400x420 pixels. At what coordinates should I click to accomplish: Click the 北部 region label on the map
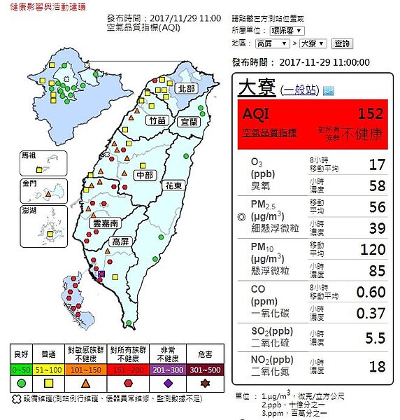point(187,89)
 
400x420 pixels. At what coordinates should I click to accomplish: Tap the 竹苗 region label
point(157,121)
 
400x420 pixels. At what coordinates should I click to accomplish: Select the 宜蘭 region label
point(190,121)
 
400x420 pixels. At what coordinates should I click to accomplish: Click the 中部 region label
point(148,174)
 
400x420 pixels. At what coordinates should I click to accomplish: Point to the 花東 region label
point(173,185)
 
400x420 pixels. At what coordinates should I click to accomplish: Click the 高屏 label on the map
point(120,241)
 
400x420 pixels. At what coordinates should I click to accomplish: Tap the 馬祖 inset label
point(29,154)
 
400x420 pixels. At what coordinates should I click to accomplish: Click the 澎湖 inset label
point(29,210)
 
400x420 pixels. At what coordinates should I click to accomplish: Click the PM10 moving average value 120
point(372,249)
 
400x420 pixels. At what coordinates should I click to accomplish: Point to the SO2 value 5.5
point(375,338)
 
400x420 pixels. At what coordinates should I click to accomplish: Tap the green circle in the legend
point(21,384)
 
